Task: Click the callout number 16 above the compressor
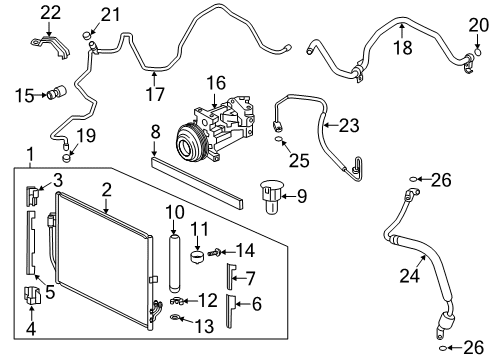tap(217, 83)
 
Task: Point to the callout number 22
tap(50, 11)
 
